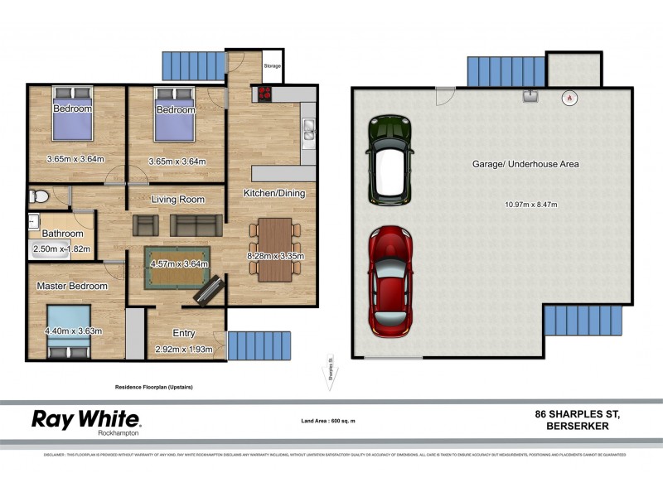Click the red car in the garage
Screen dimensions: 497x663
click(390, 281)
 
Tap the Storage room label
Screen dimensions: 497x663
click(272, 66)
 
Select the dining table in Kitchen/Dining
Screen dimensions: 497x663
click(274, 248)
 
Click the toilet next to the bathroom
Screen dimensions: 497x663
click(37, 196)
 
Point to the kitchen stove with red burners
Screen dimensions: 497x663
click(266, 94)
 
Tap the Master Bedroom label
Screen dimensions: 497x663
click(71, 286)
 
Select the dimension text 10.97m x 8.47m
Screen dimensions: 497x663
click(531, 205)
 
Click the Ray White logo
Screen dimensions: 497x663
click(85, 420)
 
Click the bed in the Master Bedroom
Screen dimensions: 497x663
click(67, 330)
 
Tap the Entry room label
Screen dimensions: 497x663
click(184, 333)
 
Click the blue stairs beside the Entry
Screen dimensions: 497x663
click(260, 345)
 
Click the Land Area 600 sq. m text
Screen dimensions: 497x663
click(328, 422)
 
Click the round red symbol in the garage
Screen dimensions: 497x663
click(569, 98)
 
